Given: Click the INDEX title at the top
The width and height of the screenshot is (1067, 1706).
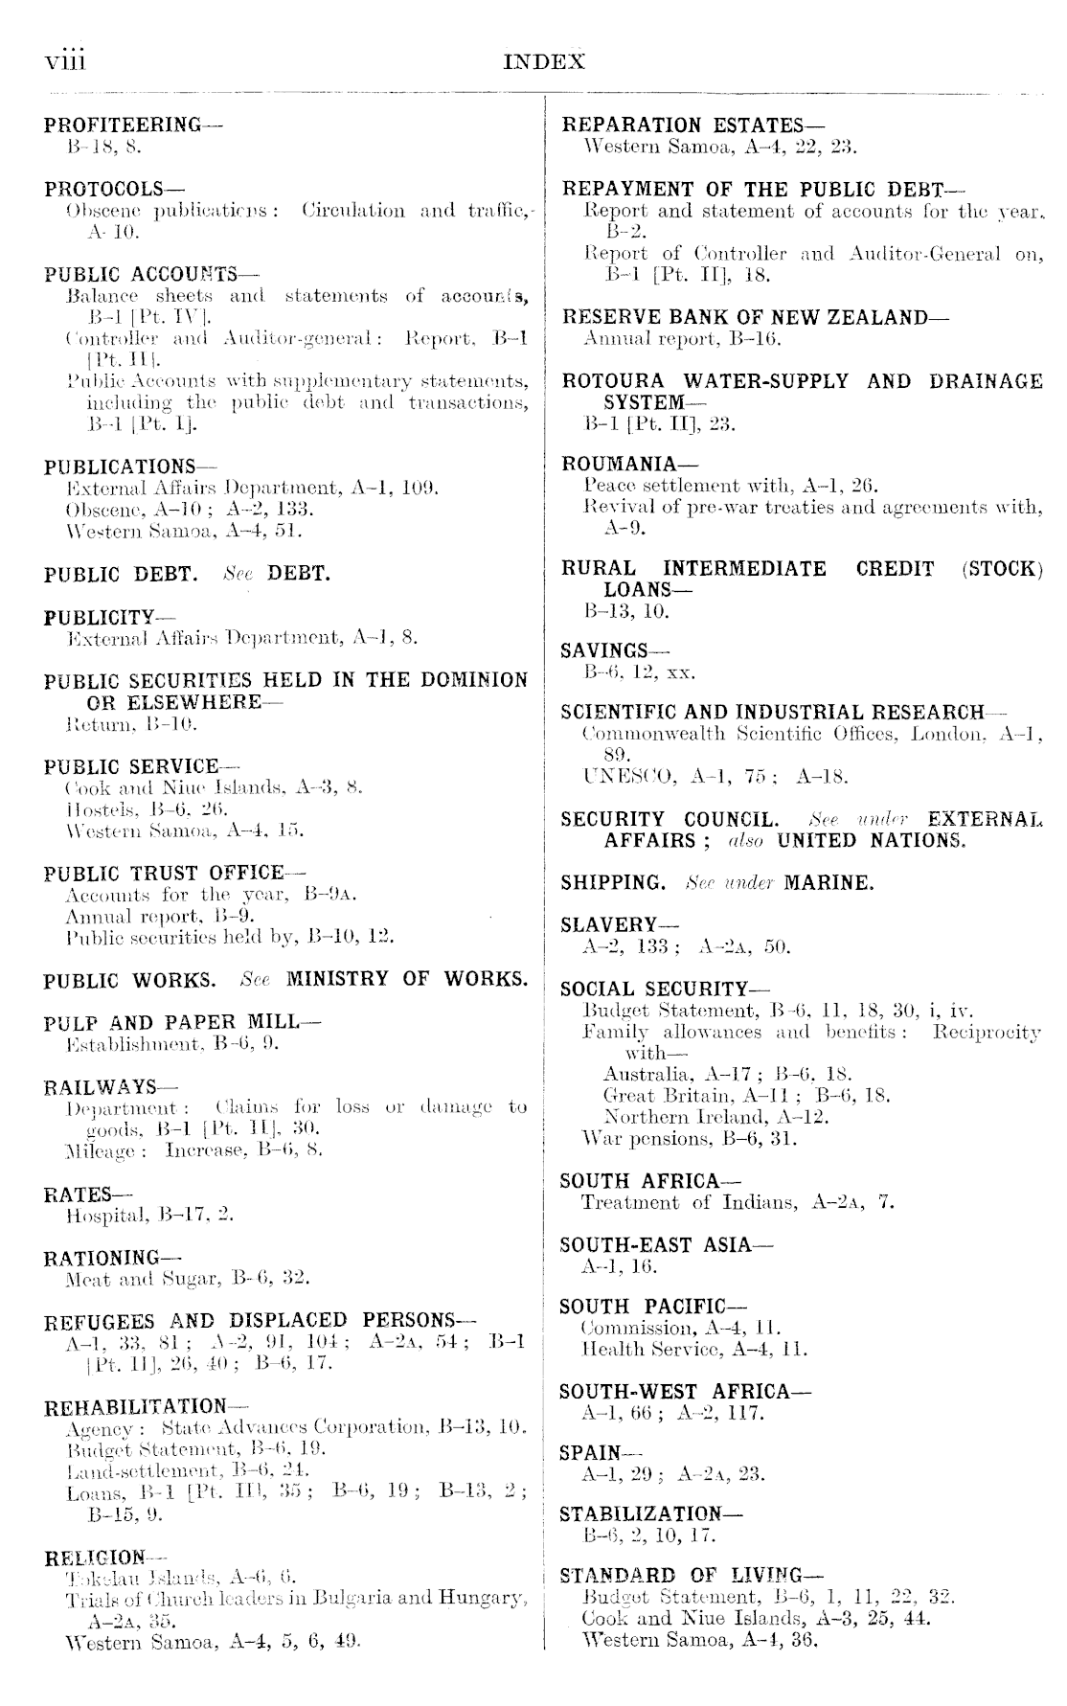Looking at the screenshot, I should click(x=543, y=62).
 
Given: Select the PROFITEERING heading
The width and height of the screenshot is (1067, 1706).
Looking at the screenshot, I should click(x=122, y=125).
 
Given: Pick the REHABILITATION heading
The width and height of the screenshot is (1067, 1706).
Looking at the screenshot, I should click(x=135, y=1407).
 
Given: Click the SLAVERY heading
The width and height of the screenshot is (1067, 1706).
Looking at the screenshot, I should click(x=606, y=925).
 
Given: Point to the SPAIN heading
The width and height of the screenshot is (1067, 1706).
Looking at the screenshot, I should click(x=588, y=1453).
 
